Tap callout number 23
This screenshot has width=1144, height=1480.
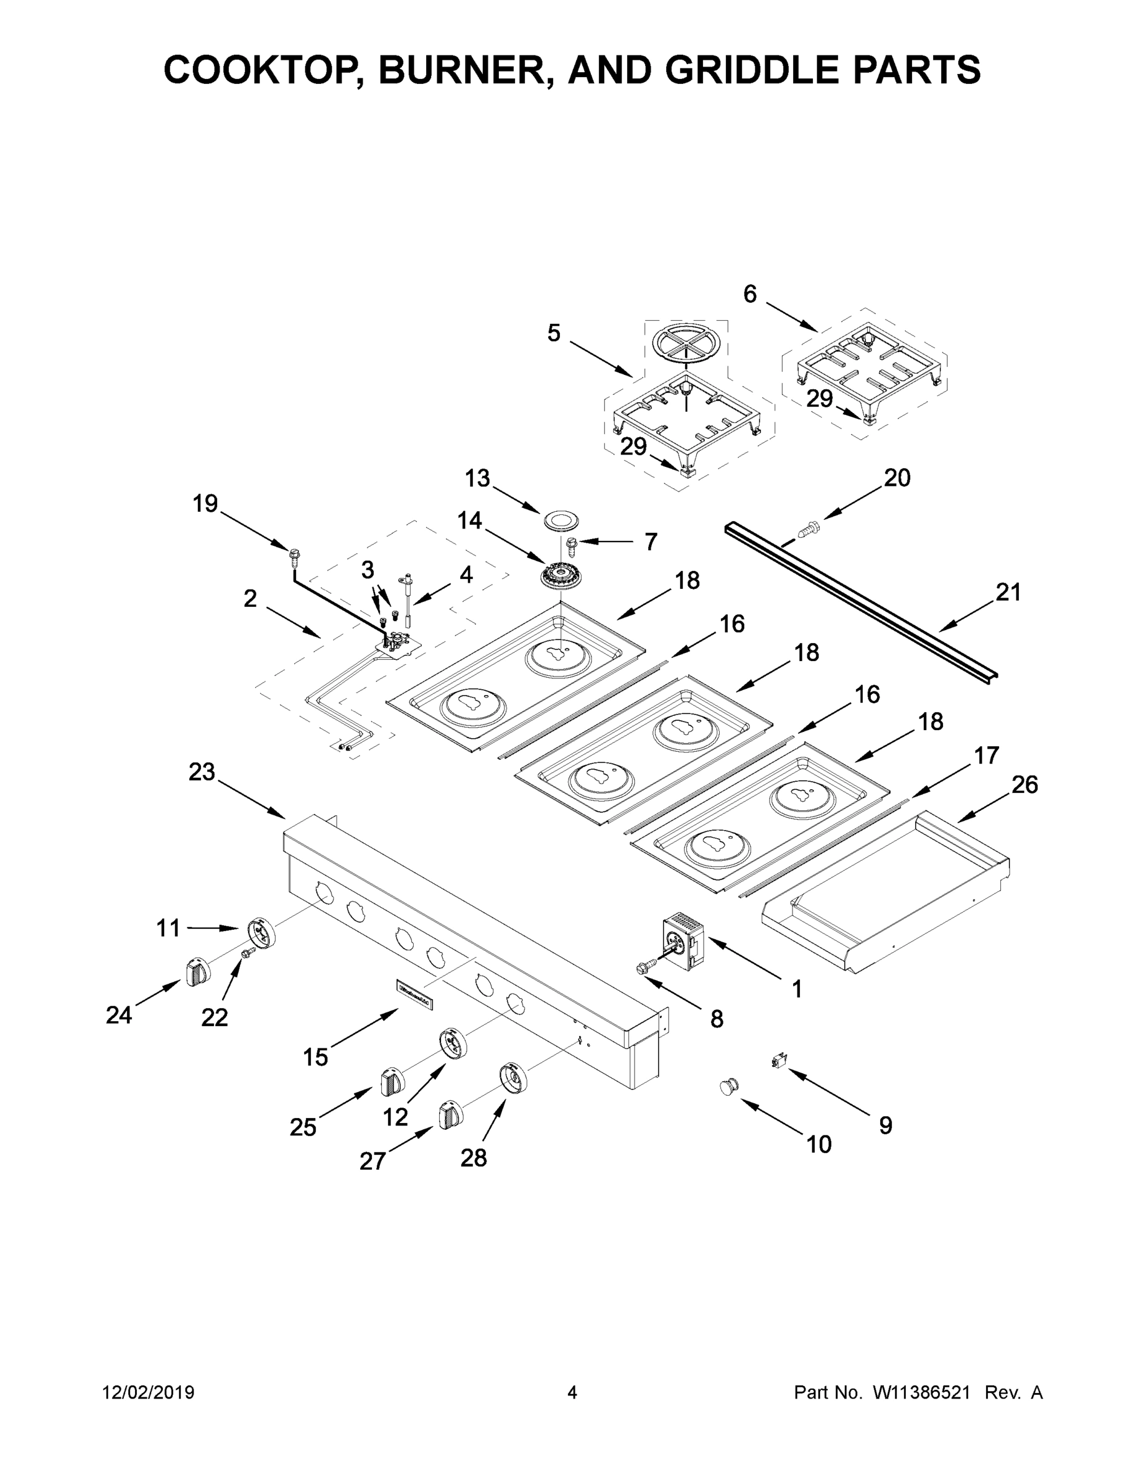point(202,772)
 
